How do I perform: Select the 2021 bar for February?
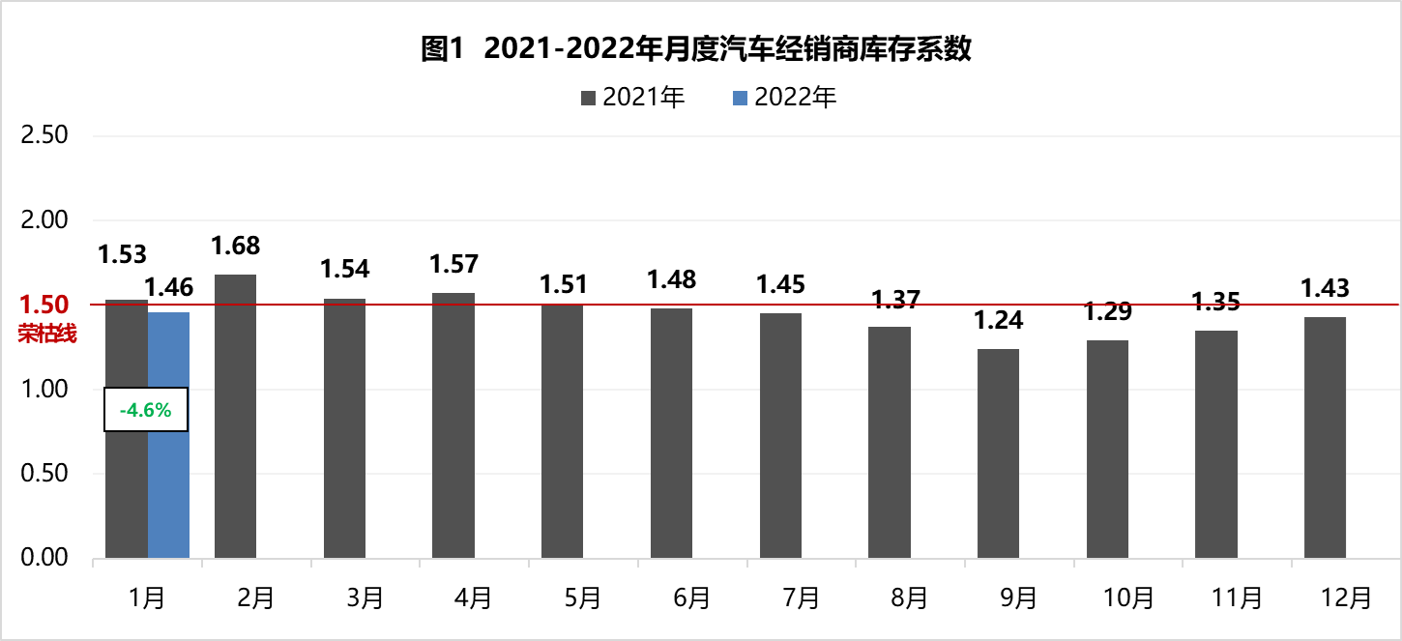[x=235, y=417]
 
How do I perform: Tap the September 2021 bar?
[x=998, y=453]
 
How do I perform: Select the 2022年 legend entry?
[x=785, y=98]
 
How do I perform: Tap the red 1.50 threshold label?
[x=44, y=306]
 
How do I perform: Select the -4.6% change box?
[x=145, y=410]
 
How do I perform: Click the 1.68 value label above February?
[x=236, y=246]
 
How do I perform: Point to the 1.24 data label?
[x=999, y=320]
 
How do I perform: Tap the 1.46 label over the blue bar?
[x=169, y=286]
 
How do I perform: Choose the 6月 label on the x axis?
[x=691, y=598]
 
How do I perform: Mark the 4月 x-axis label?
[x=474, y=598]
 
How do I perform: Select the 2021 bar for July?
[x=780, y=436]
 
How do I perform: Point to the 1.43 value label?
[x=1325, y=288]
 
